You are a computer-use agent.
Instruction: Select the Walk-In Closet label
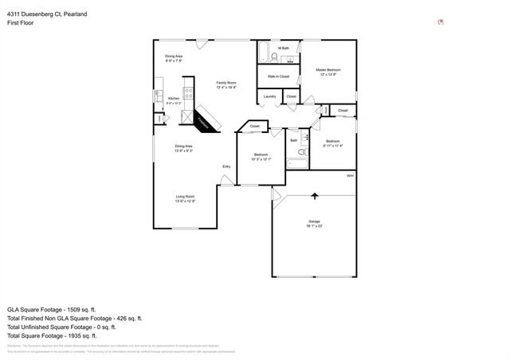278,76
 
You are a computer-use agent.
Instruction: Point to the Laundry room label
269,96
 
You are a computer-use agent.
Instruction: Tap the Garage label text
314,221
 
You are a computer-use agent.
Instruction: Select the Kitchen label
173,100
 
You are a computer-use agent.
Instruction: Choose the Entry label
226,166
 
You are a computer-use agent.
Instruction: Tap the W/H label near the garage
349,175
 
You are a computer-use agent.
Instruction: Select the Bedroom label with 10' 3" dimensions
261,156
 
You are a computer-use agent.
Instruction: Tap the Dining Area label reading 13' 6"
185,147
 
